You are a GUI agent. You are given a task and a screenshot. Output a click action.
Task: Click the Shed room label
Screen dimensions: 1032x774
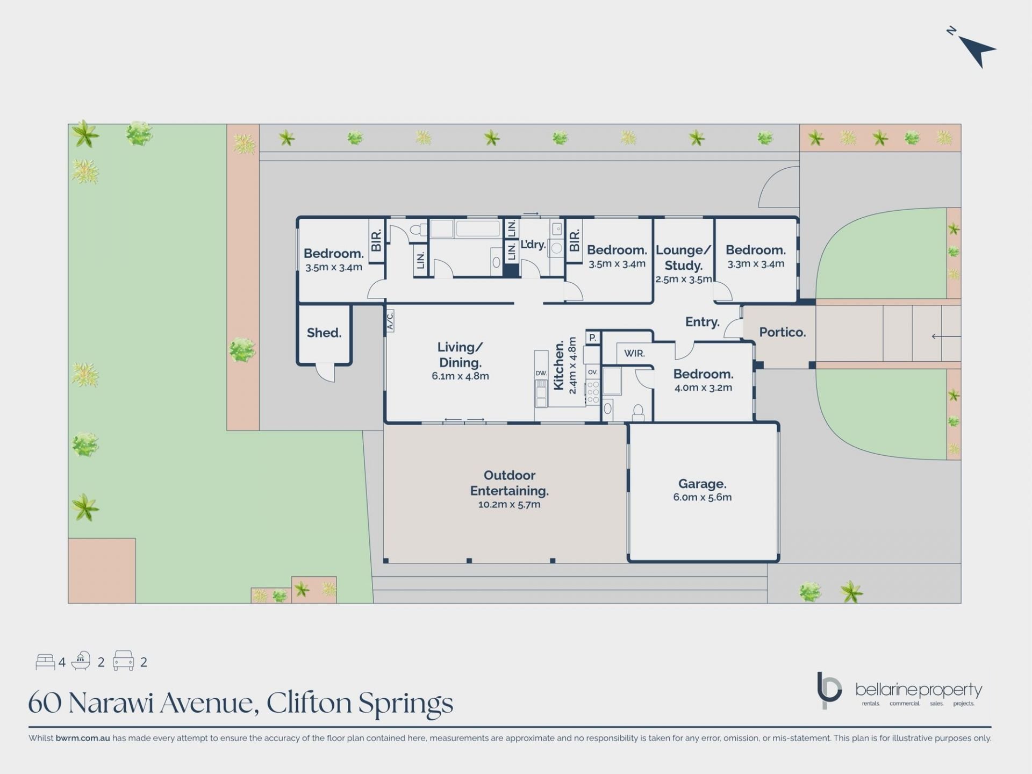coord(324,333)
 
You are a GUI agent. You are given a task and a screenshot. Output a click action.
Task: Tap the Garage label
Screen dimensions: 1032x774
coord(702,484)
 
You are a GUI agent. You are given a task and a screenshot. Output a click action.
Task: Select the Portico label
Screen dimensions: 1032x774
coord(782,332)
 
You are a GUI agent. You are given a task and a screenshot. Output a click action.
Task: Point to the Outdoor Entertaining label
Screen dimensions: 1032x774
coord(509,483)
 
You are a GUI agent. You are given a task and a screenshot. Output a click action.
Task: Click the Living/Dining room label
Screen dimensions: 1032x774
coord(460,355)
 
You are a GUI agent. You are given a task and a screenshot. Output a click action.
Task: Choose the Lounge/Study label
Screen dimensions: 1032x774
coord(684,258)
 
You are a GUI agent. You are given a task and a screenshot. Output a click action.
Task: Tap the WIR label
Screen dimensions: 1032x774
coord(634,353)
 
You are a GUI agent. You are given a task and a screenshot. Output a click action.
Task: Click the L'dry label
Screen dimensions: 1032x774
coord(533,245)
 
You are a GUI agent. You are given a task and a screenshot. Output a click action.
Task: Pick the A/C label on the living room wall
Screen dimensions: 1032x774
coord(390,320)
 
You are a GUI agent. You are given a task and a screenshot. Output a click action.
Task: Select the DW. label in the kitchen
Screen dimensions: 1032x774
coord(541,373)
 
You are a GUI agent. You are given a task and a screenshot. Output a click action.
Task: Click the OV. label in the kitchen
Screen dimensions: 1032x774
coord(592,372)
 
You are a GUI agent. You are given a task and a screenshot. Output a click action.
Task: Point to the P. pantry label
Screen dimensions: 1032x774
coord(592,338)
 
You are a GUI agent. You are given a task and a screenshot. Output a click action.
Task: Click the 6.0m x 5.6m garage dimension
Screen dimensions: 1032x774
coord(702,497)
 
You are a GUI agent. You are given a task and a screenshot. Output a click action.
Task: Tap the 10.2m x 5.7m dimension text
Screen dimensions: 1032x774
coord(509,504)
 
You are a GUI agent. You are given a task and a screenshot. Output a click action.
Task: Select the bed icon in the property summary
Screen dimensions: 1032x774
coord(45,662)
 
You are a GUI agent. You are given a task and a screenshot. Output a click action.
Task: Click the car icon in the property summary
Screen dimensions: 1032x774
coord(123,661)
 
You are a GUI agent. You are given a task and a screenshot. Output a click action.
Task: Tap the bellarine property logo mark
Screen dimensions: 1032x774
coord(829,690)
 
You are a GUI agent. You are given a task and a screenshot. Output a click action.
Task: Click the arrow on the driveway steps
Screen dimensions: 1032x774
coord(946,336)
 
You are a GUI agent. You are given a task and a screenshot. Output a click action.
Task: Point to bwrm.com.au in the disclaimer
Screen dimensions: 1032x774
coord(83,738)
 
